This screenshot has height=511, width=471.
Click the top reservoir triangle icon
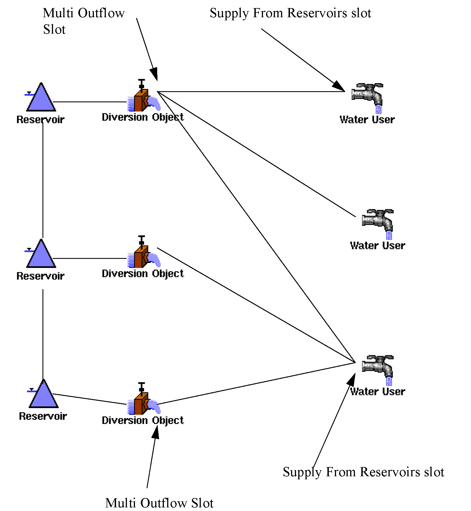click(41, 99)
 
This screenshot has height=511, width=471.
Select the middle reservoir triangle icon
click(41, 255)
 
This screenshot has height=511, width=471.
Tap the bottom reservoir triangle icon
click(44, 395)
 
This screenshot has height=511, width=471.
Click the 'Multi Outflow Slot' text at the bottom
click(159, 503)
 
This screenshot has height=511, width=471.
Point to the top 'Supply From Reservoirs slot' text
click(290, 13)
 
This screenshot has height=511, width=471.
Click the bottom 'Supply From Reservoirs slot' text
click(363, 472)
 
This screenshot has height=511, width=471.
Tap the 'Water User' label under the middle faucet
click(377, 246)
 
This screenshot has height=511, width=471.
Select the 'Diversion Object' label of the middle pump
click(143, 274)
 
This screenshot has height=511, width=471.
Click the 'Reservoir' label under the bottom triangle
click(43, 416)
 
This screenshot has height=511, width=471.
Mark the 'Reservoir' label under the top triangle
click(40, 120)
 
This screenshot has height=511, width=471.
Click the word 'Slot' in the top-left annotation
click(54, 29)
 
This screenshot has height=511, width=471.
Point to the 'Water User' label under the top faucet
click(367, 120)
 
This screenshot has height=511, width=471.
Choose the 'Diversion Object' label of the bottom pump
click(143, 420)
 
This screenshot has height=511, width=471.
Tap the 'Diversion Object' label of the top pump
click(143, 117)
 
